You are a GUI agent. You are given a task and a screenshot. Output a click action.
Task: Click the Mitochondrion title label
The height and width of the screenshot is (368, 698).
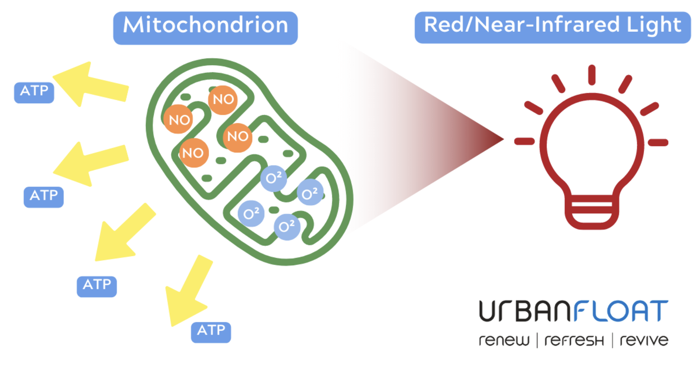click(x=205, y=25)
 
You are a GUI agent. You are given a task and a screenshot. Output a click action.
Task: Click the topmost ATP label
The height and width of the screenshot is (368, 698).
click(x=34, y=91)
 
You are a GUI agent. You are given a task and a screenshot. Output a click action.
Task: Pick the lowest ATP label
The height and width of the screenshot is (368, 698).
click(x=211, y=331)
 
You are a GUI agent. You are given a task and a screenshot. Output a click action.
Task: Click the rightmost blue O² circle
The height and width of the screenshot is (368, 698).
click(x=310, y=193)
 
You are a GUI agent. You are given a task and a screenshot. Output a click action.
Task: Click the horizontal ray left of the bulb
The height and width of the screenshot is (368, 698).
click(x=524, y=141)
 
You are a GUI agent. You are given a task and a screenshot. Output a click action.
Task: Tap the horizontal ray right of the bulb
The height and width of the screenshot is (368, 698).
click(x=658, y=142)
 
